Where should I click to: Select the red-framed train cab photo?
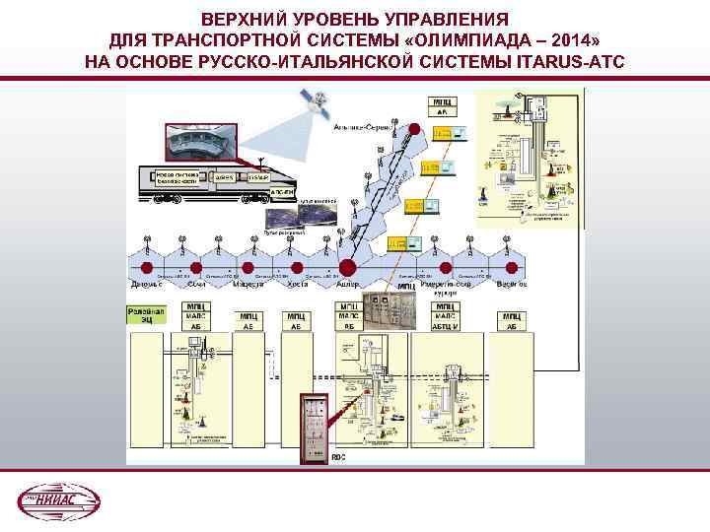tap(201, 144)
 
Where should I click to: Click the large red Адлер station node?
tap(347, 267)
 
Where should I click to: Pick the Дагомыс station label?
tap(149, 285)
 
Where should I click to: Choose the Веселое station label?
tap(510, 285)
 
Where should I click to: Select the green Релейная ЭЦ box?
tap(143, 315)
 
